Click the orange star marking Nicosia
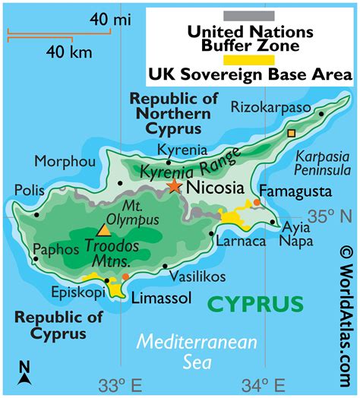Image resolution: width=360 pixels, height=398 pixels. coord(175,185)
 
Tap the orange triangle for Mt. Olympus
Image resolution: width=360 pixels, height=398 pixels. coord(103,230)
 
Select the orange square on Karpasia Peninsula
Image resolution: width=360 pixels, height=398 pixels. coord(292,134)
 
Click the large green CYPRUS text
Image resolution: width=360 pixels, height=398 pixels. coord(255,305)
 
